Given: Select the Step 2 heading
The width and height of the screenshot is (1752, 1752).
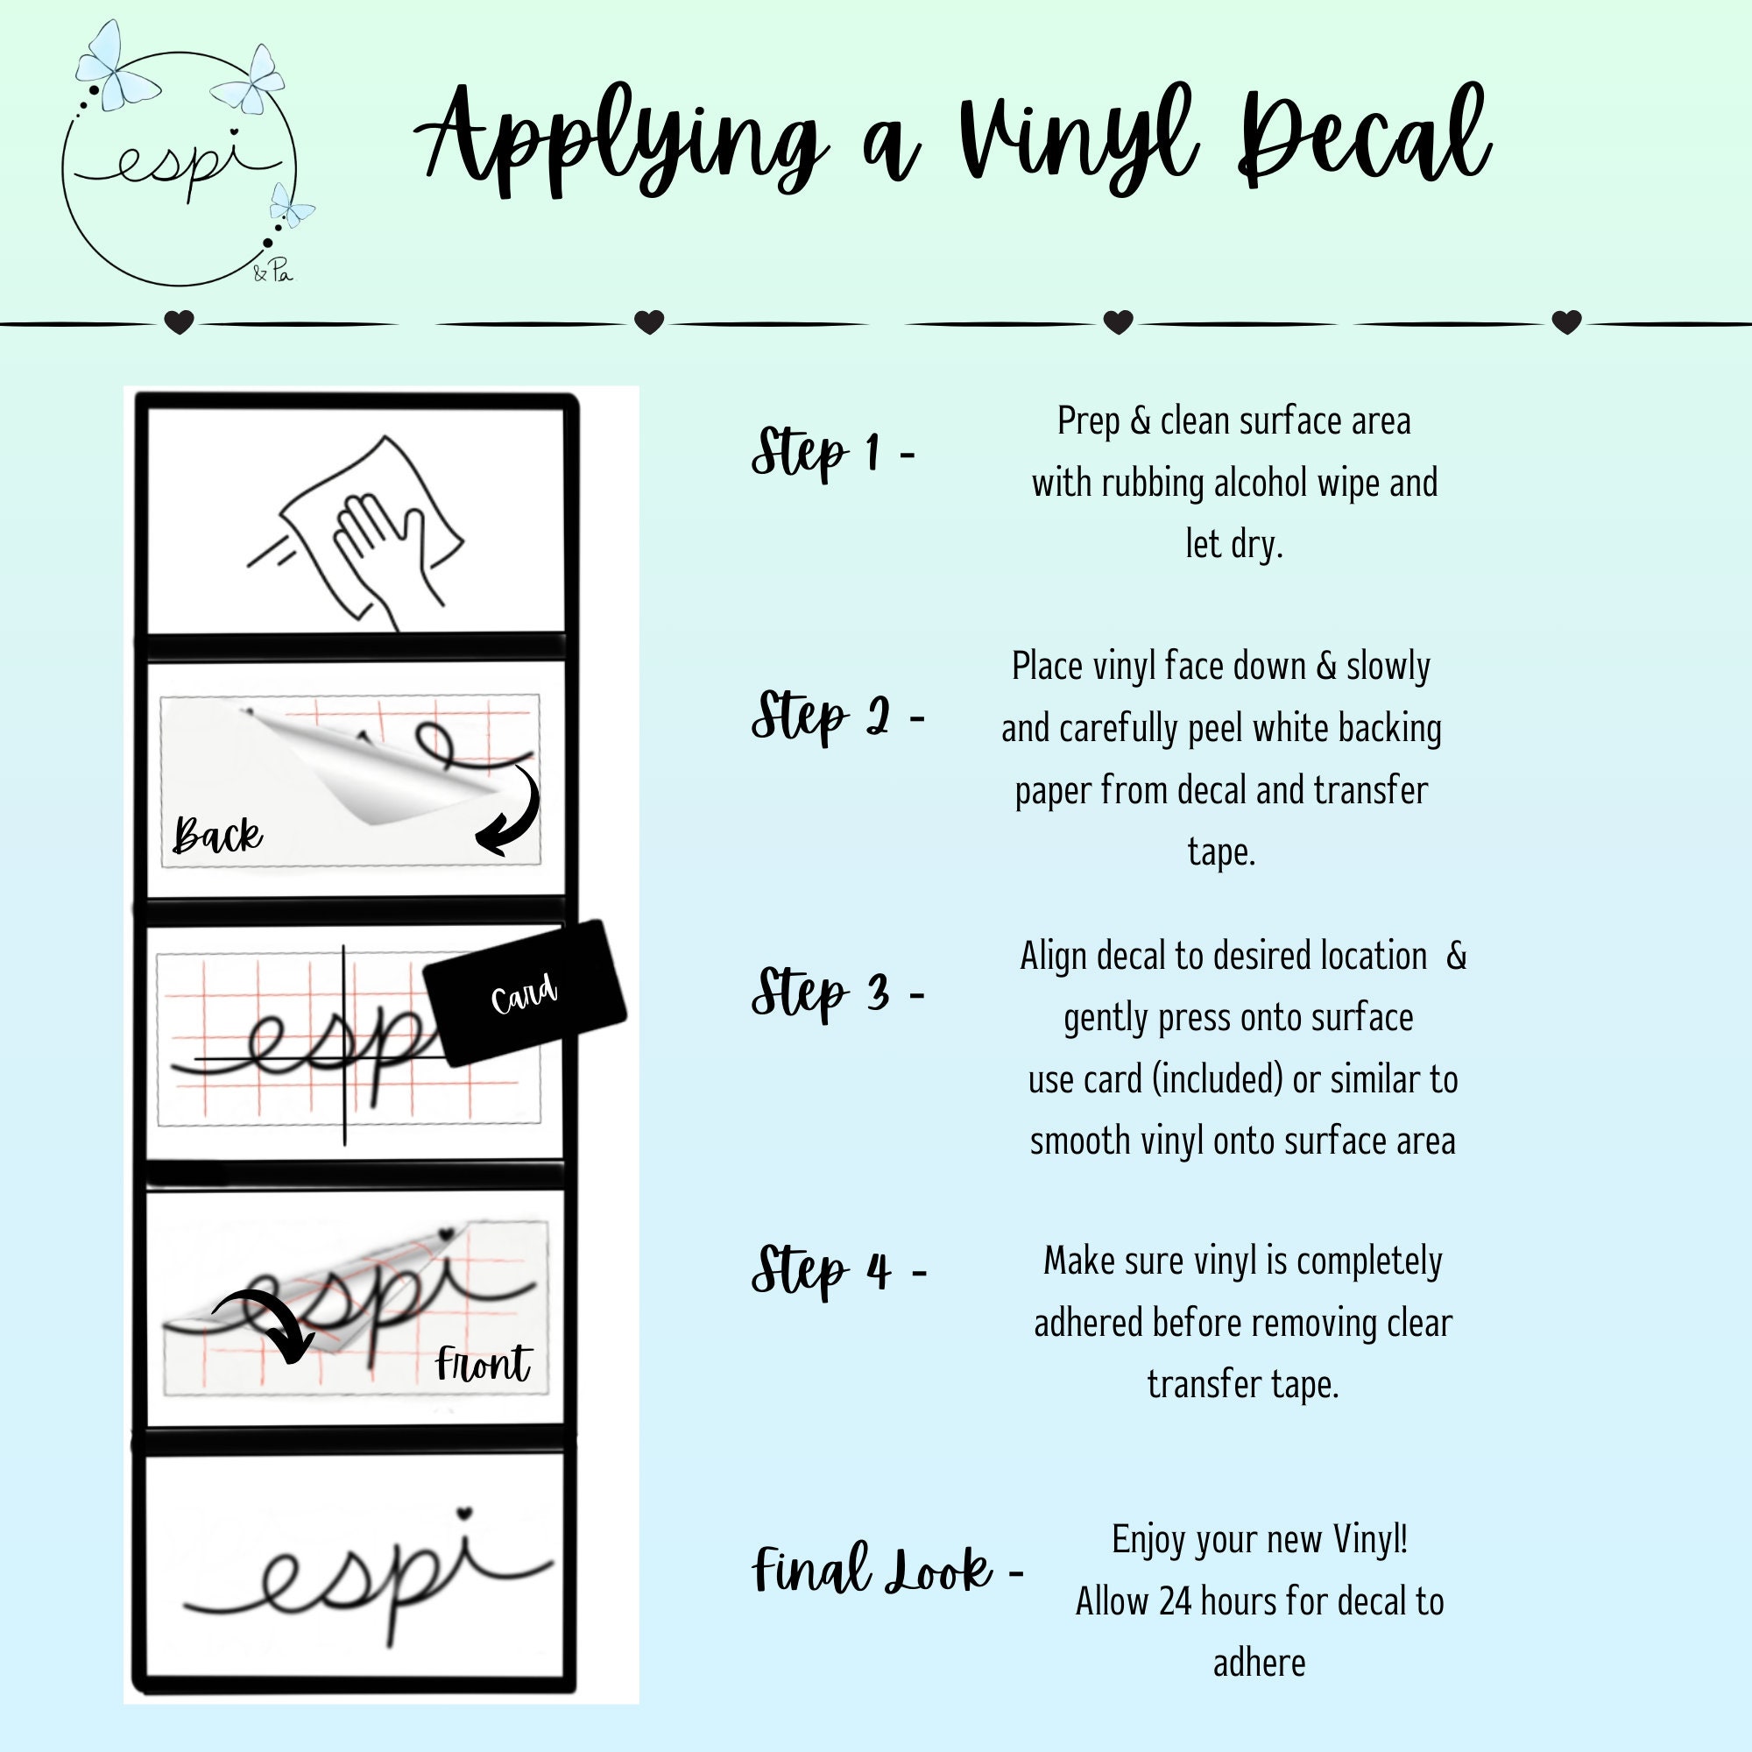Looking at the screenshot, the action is (837, 717).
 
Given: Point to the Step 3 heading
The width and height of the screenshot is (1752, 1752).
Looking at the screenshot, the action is (837, 993).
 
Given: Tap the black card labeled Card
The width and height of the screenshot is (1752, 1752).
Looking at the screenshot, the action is (525, 993).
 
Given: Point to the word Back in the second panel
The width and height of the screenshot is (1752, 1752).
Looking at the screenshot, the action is (217, 834).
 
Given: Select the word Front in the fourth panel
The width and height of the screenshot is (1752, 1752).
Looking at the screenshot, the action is (483, 1364).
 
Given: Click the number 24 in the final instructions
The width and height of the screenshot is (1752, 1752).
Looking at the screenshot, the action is (1176, 1601).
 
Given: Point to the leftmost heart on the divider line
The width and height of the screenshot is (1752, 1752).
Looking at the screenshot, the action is (180, 321).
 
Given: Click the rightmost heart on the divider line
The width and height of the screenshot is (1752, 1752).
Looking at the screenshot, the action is (1567, 321).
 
